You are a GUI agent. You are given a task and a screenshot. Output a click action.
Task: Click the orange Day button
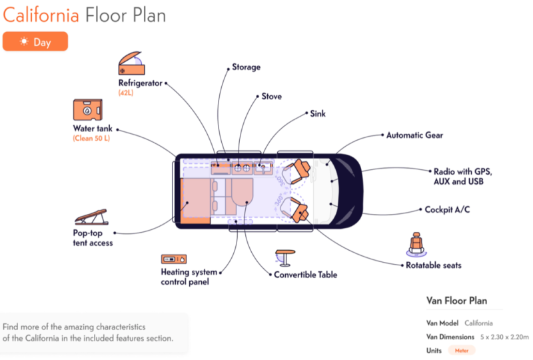[35, 41]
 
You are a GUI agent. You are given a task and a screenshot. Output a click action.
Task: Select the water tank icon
[87, 110]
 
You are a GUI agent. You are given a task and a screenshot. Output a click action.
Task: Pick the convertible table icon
[284, 258]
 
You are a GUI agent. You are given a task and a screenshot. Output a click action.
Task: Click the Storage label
[246, 67]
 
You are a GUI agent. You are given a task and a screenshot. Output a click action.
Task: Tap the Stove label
[271, 96]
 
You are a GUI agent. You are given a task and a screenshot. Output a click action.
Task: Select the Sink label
[318, 113]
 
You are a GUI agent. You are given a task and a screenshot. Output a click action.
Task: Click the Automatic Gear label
[414, 135]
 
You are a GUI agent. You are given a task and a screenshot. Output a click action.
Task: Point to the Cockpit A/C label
[447, 209]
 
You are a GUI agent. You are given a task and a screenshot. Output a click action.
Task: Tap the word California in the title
[42, 14]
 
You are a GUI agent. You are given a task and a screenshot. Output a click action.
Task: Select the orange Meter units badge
[461, 351]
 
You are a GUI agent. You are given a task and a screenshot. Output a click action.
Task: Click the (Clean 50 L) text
[93, 139]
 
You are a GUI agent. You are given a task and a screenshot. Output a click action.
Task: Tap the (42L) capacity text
[126, 93]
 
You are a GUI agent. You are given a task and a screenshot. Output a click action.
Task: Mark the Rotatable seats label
[434, 265]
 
